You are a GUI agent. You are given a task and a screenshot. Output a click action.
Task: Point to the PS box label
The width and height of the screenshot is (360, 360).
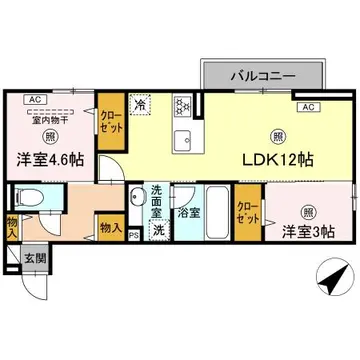pyautogui.click(x=135, y=236)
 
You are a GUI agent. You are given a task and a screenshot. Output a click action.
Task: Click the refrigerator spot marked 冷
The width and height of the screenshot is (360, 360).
pyautogui.click(x=140, y=103)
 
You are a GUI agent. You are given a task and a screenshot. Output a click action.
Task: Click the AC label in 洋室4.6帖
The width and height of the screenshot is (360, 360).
pyautogui.click(x=33, y=99)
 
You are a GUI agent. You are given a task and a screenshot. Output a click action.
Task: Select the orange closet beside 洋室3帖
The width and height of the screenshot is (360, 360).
pyautogui.click(x=246, y=214)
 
